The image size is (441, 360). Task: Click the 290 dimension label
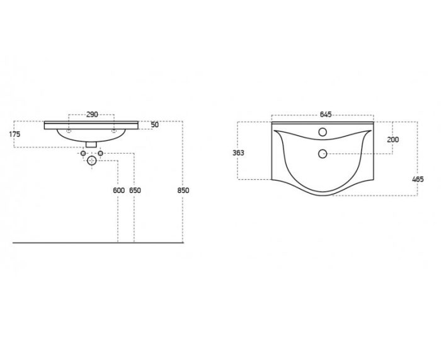92,114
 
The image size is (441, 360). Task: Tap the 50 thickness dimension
155,125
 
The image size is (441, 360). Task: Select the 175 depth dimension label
14,134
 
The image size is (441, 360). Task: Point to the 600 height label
118,190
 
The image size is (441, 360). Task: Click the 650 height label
135,190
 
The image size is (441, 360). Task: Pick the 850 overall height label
183,190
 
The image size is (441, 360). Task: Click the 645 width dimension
326,115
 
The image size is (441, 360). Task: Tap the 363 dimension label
238,153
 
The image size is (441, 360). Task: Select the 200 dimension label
393,139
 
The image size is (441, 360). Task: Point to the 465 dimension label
418,179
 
